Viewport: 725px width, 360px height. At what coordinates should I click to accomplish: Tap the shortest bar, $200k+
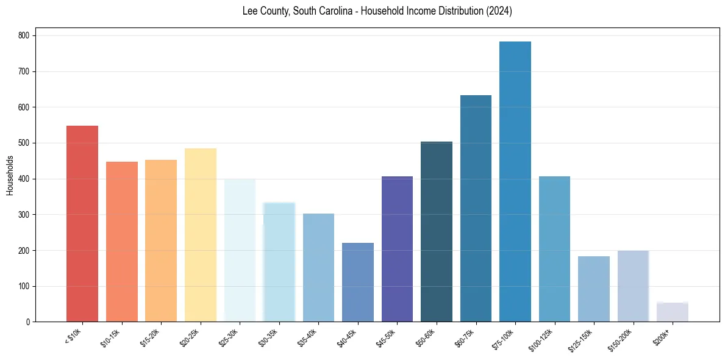click(672, 312)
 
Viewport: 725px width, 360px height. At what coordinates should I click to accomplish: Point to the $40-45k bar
click(358, 283)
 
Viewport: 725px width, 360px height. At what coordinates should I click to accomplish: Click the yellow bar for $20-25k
click(200, 235)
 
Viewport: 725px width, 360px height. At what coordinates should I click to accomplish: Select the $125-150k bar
click(593, 289)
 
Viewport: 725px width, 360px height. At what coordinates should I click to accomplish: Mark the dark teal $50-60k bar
click(437, 232)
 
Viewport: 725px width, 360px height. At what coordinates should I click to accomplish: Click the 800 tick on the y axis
click(25, 36)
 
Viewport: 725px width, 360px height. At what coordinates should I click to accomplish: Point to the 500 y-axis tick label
click(25, 143)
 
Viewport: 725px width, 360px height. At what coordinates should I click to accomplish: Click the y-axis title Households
click(10, 175)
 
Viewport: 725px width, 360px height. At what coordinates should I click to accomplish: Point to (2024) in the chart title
click(498, 12)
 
